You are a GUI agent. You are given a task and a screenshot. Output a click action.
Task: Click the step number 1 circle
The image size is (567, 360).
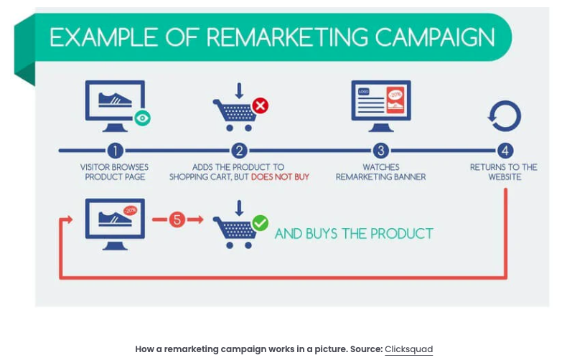pos(115,151)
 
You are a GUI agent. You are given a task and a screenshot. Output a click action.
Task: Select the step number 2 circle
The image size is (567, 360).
pos(239,151)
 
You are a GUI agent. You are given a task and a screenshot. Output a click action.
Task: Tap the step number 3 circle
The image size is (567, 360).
pos(381,151)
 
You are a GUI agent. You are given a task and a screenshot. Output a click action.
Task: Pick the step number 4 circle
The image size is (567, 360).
pos(505,151)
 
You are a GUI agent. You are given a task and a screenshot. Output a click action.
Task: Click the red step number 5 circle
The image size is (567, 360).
pos(177,219)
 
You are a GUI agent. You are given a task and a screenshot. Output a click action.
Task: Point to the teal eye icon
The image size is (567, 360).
pos(143,118)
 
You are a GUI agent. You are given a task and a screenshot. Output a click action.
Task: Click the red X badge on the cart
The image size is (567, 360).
pos(261,105)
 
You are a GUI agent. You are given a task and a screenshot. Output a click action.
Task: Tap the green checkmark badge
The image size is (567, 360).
pos(261,222)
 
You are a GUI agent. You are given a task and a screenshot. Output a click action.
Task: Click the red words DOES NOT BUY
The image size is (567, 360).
pos(280,176)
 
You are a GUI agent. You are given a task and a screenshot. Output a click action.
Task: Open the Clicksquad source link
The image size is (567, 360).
pos(408,349)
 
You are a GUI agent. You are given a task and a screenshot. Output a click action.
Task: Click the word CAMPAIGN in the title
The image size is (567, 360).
pos(435,37)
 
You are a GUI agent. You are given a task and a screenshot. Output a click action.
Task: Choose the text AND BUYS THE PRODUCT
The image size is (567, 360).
pos(354,234)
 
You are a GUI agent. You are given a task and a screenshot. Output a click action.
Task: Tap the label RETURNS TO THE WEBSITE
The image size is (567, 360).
pos(504,172)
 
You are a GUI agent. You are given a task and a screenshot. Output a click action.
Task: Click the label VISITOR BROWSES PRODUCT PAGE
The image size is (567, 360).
pos(115,172)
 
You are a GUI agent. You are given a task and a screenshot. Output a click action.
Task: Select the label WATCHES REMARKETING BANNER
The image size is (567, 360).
pos(381,172)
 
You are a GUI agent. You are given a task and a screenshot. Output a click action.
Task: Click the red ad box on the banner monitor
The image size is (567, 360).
pos(395,100)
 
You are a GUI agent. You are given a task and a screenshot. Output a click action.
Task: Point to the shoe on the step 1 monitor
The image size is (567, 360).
pos(115,100)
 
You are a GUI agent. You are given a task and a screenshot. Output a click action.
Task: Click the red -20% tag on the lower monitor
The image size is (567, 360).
pos(130,210)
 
